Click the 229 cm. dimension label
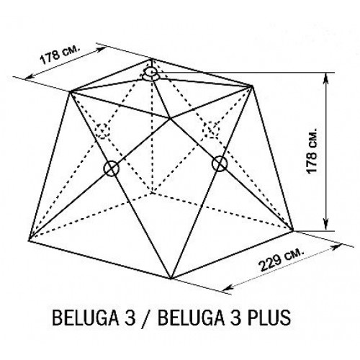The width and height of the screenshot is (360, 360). coord(282,260)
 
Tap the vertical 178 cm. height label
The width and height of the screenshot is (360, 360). coord(312,150)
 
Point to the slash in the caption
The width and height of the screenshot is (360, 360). coord(146,318)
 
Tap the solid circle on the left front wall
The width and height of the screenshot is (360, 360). coord(111,168)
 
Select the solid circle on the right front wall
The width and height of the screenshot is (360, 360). coord(220,163)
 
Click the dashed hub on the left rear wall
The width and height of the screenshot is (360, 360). coord(103,130)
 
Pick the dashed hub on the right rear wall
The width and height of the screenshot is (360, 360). coord(211,130)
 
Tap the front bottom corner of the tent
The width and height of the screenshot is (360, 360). coord(171,279)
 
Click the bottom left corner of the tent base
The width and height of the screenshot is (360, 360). coord(29,240)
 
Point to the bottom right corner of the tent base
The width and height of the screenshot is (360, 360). coord(293,231)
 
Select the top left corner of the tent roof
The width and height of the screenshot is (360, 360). coord(70,91)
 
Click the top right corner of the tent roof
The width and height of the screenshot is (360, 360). coord(252,86)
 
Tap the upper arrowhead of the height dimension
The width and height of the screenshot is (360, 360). coord(325,78)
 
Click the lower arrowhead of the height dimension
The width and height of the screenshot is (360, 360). coord(325,225)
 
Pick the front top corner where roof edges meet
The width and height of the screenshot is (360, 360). coord(170,118)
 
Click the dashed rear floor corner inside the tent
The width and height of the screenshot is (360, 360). coord(152,192)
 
